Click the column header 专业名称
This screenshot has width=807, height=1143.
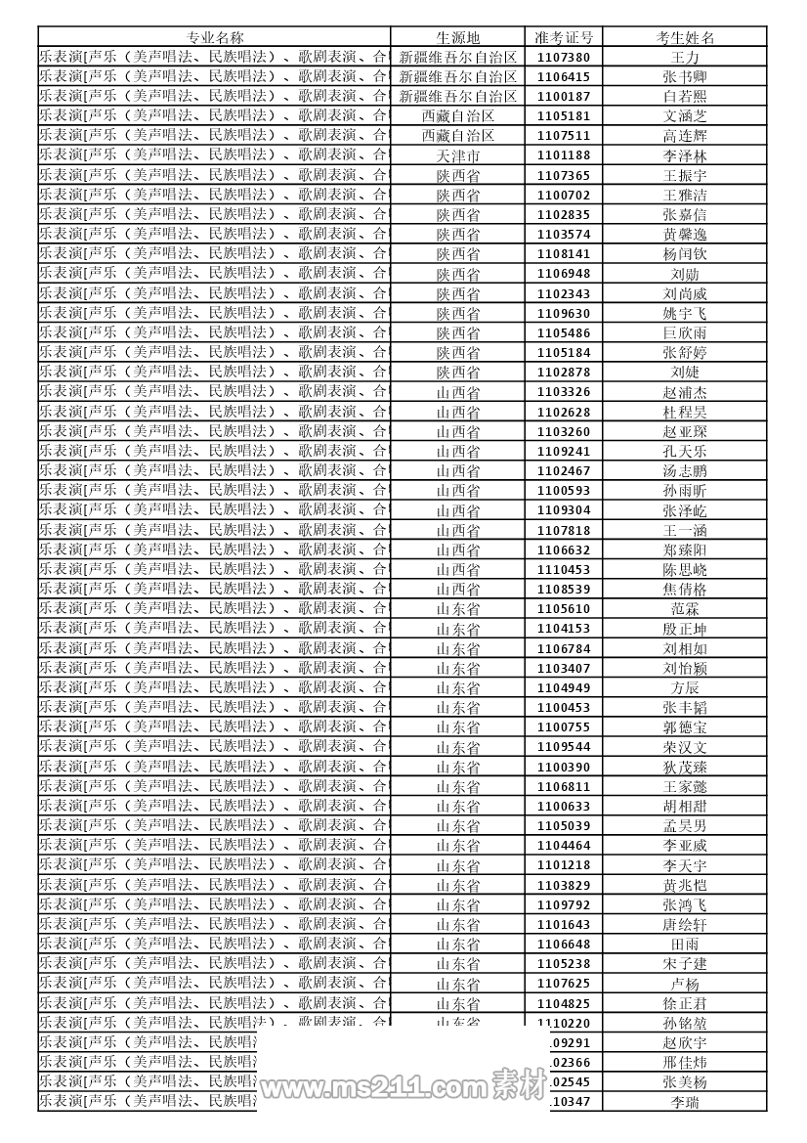tap(215, 37)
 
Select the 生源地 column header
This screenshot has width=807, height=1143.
tap(457, 37)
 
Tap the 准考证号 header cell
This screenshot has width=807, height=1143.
tap(564, 37)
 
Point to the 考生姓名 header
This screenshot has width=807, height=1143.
tap(685, 37)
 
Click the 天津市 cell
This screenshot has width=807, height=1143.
tap(457, 155)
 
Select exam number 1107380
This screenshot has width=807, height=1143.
tap(564, 57)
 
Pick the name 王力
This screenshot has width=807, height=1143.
tap(685, 57)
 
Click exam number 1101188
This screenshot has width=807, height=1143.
tap(564, 155)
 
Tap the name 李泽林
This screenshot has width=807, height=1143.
tap(685, 155)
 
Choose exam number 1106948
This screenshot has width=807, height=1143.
tap(564, 274)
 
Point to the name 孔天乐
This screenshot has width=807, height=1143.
tap(685, 451)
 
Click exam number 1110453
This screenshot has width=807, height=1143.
tap(564, 569)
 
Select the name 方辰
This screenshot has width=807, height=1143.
tap(685, 687)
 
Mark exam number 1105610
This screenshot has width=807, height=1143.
tap(564, 609)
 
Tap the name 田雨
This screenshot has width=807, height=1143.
tap(685, 944)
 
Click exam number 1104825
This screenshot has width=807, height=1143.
tap(564, 1003)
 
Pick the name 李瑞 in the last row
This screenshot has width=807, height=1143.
tap(685, 1102)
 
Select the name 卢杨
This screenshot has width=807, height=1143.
tap(685, 984)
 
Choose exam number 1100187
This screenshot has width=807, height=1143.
tap(564, 96)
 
